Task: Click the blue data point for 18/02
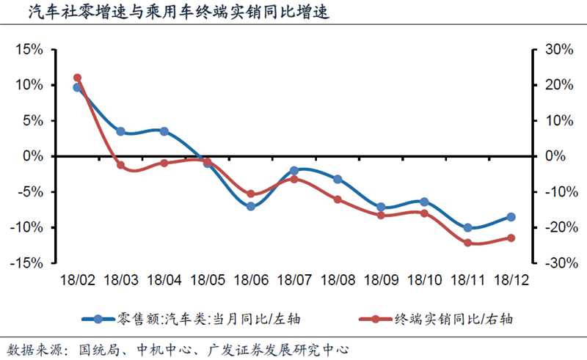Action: (77, 88)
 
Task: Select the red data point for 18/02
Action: (77, 78)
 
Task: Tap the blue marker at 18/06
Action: (250, 206)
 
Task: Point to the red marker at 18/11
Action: (467, 242)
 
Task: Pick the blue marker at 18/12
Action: (510, 217)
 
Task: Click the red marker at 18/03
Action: (120, 165)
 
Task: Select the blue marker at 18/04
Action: (164, 131)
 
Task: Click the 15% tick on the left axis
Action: (29, 49)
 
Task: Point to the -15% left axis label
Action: (27, 262)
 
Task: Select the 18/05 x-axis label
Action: (207, 279)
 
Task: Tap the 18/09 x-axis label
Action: (380, 279)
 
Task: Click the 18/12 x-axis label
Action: (510, 279)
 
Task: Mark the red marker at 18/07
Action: (293, 178)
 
